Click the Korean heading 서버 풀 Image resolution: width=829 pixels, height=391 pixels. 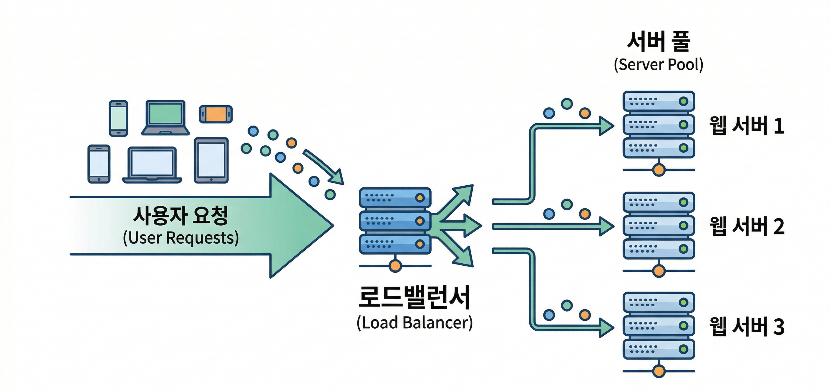point(659,42)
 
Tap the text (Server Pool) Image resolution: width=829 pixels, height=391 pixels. point(659,65)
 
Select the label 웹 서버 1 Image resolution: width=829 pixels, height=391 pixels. point(747,125)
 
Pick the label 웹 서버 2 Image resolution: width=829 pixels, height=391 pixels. point(747,226)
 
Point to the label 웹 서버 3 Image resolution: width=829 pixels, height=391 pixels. point(747,326)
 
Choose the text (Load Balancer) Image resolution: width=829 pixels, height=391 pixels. point(414,322)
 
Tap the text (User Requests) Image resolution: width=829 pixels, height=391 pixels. point(181,238)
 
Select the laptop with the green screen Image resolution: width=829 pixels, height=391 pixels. point(165,117)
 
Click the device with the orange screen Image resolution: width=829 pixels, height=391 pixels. point(215,114)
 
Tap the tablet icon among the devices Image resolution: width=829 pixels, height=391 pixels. point(211,160)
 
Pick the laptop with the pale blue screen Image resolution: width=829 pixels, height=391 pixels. point(152,165)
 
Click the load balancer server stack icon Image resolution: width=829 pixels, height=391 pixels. point(395,221)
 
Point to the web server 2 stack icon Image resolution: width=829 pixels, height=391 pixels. point(659,226)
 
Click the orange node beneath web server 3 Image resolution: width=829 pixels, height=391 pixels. point(659,371)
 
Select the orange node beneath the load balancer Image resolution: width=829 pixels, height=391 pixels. point(395,266)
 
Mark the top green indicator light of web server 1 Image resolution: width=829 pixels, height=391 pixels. point(683,101)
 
